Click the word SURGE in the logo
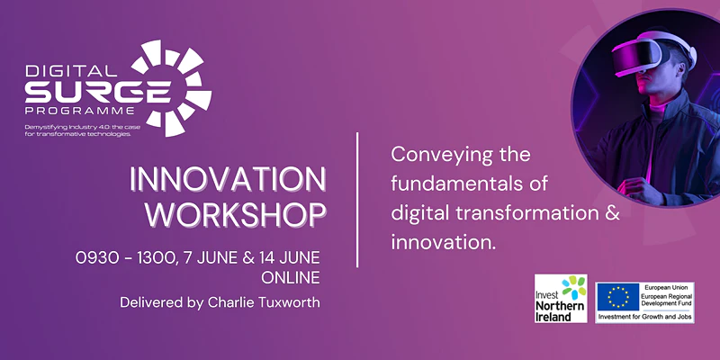pos(98,92)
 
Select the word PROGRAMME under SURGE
pos(80,111)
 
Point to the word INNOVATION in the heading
pos(228,179)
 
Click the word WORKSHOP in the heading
pos(238,214)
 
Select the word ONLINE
pos(290,278)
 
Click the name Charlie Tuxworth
pos(264,303)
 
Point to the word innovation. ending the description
pos(444,243)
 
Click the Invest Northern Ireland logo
pos(561,299)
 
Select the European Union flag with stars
pos(618,297)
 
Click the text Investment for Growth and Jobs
pos(644,317)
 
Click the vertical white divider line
pos(357,200)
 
